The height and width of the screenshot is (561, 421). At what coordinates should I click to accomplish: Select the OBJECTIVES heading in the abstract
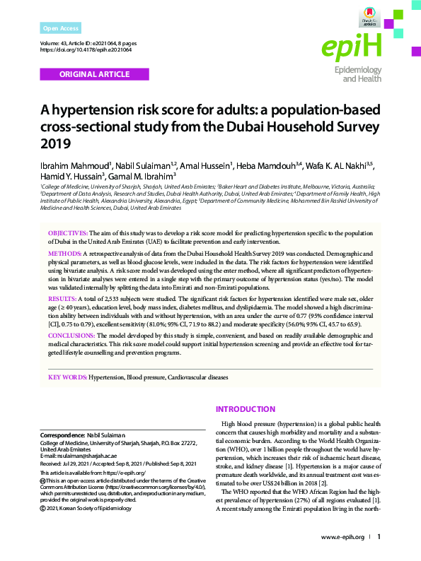pyautogui.click(x=68, y=232)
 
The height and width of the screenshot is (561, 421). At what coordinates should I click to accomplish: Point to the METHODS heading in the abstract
pyautogui.click(x=64, y=253)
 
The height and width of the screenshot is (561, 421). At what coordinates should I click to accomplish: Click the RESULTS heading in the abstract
pyautogui.click(x=63, y=300)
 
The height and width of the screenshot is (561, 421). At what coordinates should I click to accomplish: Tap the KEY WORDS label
pyautogui.click(x=68, y=378)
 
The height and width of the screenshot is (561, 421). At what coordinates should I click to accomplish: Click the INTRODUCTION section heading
pyautogui.click(x=246, y=410)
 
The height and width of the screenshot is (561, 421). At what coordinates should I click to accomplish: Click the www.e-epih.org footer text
pyautogui.click(x=342, y=537)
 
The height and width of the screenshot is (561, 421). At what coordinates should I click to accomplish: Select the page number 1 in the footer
pyautogui.click(x=379, y=537)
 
